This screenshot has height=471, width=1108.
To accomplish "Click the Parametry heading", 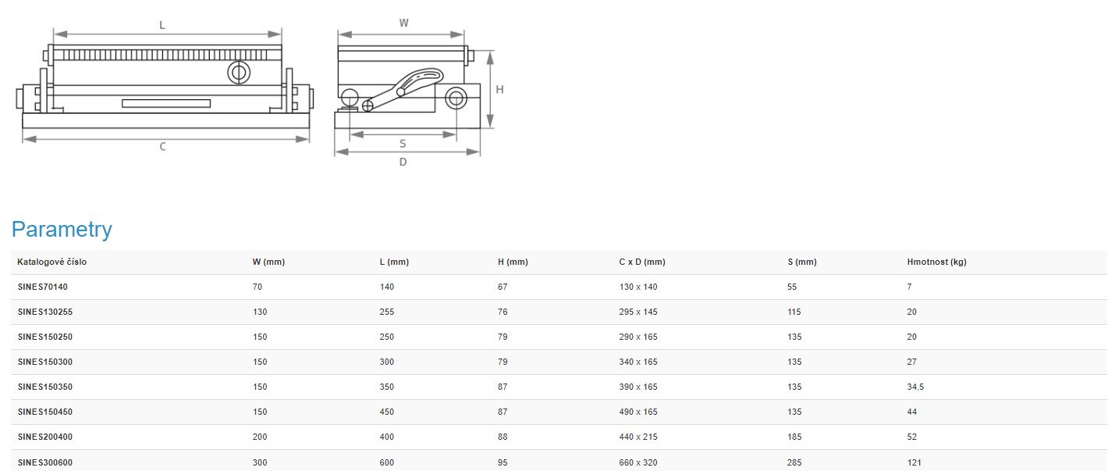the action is (62, 230).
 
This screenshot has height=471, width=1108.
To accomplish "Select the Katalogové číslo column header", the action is (52, 262).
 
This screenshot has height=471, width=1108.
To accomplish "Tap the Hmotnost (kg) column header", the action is (936, 262).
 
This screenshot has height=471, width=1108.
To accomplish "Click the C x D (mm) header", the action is (642, 262).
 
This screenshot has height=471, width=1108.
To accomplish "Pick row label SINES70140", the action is (43, 287).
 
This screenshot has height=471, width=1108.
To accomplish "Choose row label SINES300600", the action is (45, 462).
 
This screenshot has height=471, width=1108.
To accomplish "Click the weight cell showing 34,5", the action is (915, 387).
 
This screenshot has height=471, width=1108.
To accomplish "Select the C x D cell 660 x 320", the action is (638, 462).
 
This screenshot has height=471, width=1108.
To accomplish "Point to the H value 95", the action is (503, 462).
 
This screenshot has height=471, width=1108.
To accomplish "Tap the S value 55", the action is (792, 287).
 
